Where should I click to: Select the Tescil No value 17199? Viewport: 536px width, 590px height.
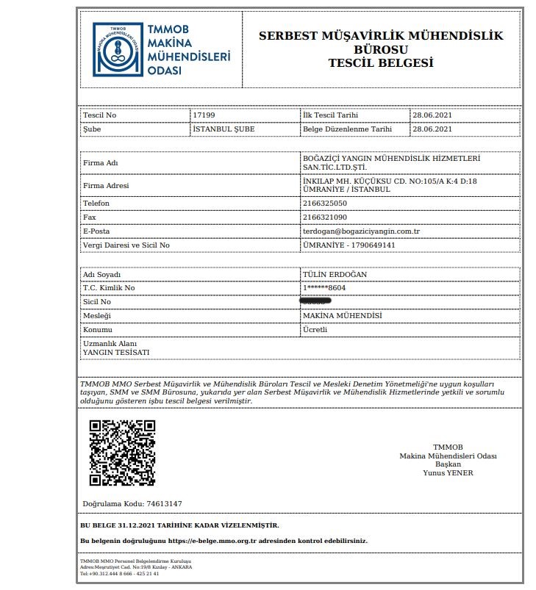pyautogui.click(x=204, y=116)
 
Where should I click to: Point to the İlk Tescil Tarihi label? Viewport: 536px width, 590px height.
pyautogui.click(x=331, y=116)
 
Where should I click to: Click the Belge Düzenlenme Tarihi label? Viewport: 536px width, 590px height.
pyautogui.click(x=347, y=129)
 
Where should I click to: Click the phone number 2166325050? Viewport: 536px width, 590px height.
pyautogui.click(x=325, y=203)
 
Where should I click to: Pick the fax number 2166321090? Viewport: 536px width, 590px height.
pyautogui.click(x=325, y=217)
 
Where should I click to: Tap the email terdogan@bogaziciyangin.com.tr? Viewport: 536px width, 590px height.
pyautogui.click(x=356, y=231)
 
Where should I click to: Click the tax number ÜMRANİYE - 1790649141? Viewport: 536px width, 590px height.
pyautogui.click(x=349, y=245)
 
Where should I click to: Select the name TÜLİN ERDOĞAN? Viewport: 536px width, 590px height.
pyautogui.click(x=335, y=274)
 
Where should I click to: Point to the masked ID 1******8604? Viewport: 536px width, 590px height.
pyautogui.click(x=324, y=288)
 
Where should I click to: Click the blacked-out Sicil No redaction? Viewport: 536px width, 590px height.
pyautogui.click(x=315, y=301)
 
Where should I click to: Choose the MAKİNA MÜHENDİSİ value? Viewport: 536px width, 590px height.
pyautogui.click(x=342, y=315)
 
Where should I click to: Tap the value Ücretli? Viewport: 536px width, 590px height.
pyautogui.click(x=315, y=329)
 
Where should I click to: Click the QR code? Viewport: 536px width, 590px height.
pyautogui.click(x=122, y=453)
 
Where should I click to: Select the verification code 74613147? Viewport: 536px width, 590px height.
pyautogui.click(x=164, y=503)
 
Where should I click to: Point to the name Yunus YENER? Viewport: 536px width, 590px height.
pyautogui.click(x=448, y=472)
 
